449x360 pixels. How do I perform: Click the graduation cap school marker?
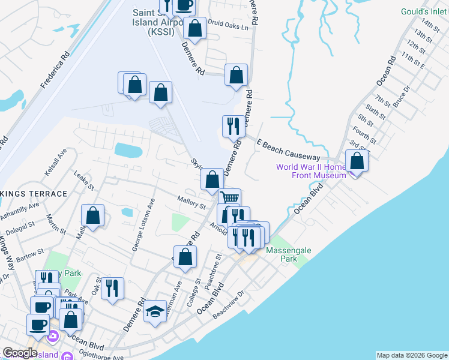[155, 311]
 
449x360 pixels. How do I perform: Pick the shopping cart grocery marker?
[229, 197]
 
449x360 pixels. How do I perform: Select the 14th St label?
[430, 26]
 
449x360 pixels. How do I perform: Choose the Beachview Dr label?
[228, 305]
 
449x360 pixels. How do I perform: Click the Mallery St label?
[191, 202]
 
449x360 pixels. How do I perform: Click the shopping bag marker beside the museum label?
[357, 161]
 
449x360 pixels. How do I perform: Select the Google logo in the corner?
[19, 353]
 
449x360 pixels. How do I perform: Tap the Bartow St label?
[32, 254]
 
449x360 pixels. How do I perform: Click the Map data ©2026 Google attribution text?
[411, 355]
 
